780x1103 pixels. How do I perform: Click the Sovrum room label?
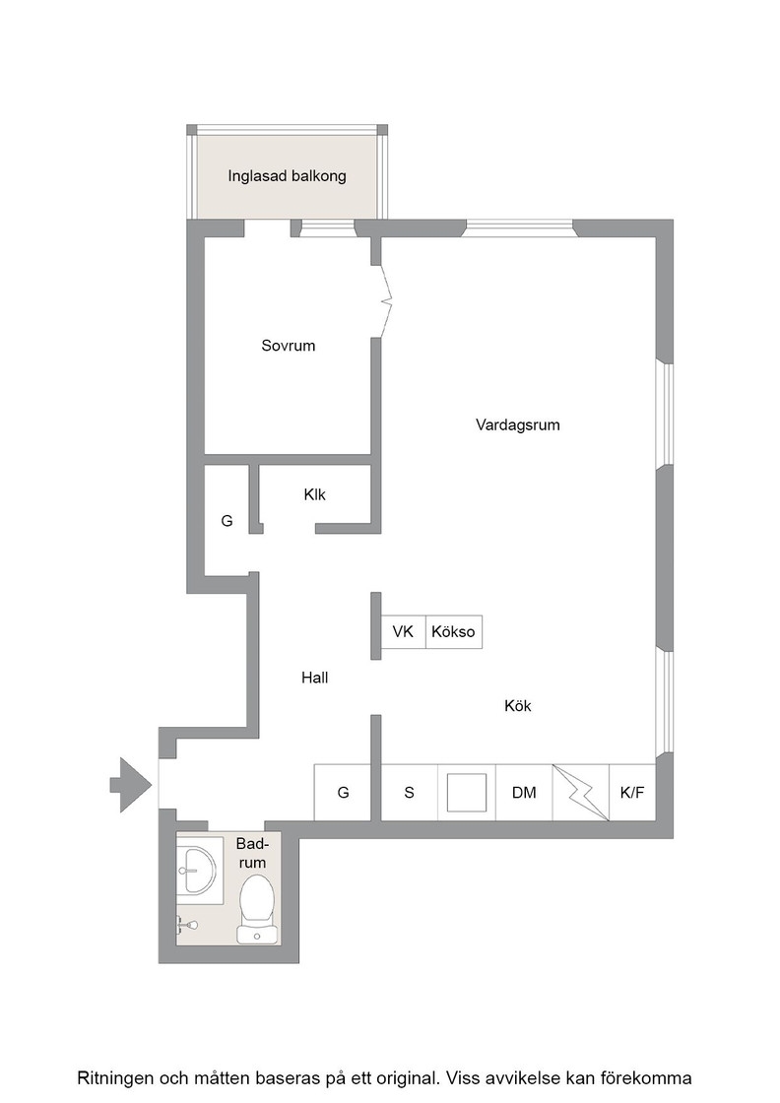pyautogui.click(x=288, y=346)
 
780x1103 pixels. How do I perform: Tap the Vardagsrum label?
pyautogui.click(x=518, y=424)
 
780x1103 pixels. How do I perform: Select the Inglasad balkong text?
pyautogui.click(x=287, y=176)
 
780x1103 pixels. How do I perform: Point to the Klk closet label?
pyautogui.click(x=314, y=494)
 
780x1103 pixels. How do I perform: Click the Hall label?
pyautogui.click(x=314, y=678)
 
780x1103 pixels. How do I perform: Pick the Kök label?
pyautogui.click(x=518, y=705)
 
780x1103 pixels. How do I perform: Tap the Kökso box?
pyautogui.click(x=454, y=631)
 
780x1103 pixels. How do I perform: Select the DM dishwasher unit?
pyautogui.click(x=524, y=793)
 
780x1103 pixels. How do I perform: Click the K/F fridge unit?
pyautogui.click(x=632, y=793)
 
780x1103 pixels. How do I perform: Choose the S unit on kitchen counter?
pyautogui.click(x=410, y=793)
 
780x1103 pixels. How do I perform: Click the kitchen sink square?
pyautogui.click(x=467, y=793)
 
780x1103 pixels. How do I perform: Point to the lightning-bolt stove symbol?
pyautogui.click(x=581, y=793)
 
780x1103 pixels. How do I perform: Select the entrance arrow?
pyautogui.click(x=131, y=785)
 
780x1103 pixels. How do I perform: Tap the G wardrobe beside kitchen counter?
pyautogui.click(x=343, y=793)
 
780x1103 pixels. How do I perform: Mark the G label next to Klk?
pyautogui.click(x=227, y=521)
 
